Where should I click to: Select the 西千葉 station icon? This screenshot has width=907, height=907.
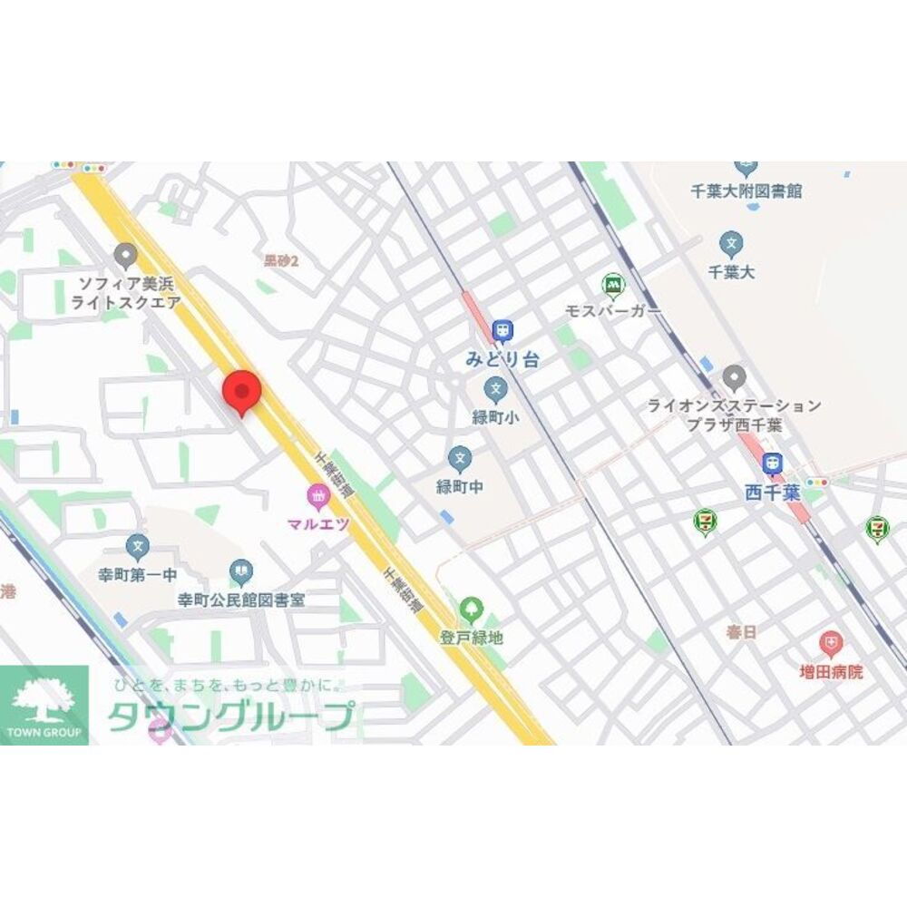point(772,463)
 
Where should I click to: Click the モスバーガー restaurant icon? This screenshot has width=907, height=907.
point(613,284)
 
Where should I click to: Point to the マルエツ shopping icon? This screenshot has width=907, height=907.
point(318,495)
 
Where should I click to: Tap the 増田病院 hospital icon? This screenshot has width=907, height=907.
point(829,644)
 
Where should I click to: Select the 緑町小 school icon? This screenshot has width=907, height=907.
point(495,390)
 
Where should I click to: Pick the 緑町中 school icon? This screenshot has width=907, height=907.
point(460,458)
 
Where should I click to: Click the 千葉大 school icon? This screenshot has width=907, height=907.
point(731,243)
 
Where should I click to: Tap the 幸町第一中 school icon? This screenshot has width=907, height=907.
point(137,546)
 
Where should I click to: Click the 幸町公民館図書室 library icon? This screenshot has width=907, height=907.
point(240,571)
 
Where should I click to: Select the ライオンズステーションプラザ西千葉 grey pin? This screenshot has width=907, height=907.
point(735,377)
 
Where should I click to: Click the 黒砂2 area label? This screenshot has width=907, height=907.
point(281,261)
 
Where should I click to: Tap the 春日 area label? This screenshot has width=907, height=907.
point(741,632)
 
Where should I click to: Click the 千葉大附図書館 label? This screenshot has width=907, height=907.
point(746,191)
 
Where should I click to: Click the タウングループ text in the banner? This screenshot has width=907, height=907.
point(230,717)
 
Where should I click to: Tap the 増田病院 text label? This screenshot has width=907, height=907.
point(831,672)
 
